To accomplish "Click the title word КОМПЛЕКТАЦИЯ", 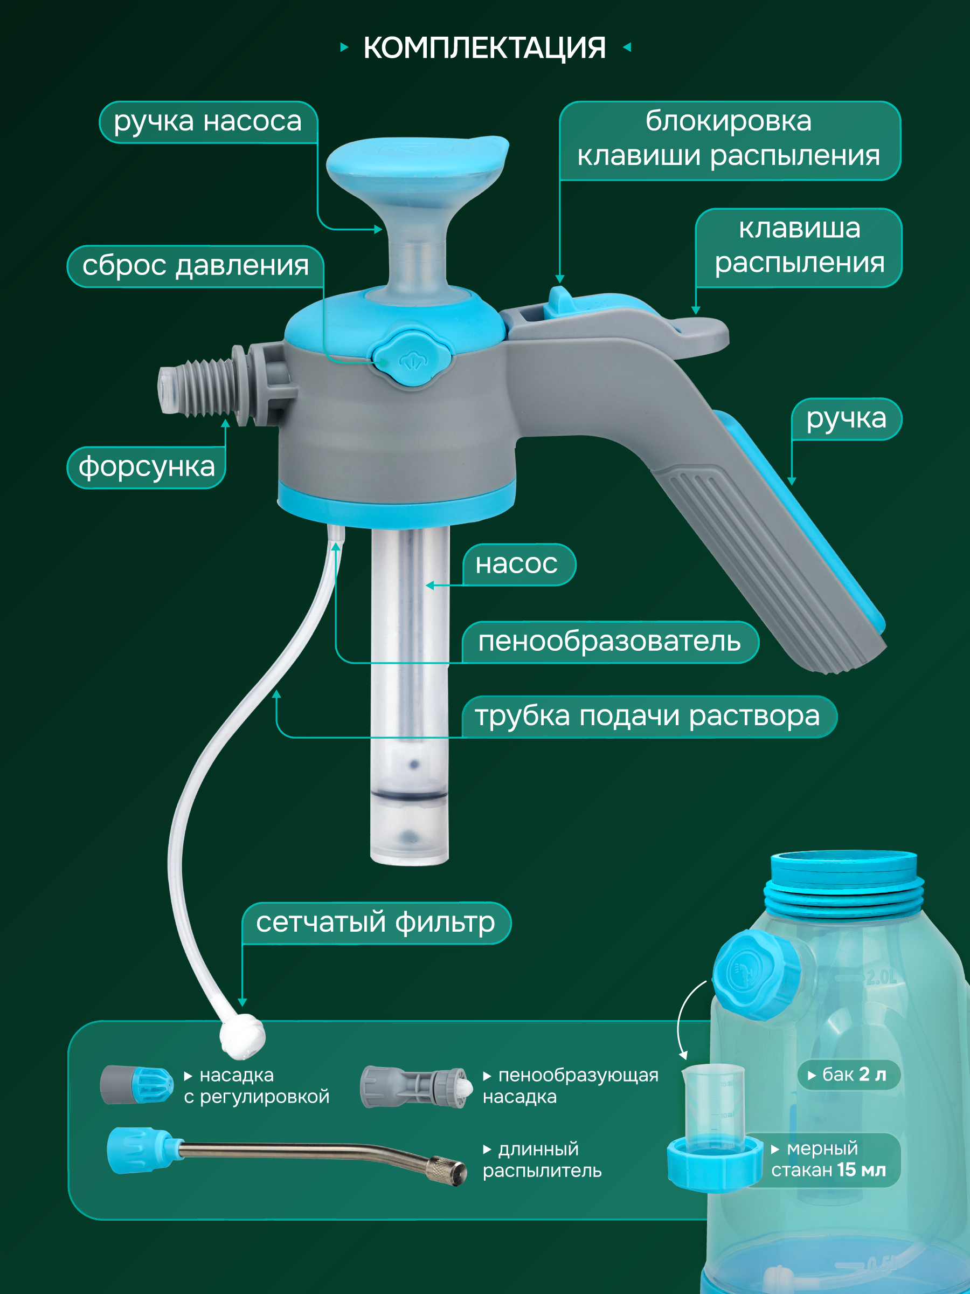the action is tap(484, 48).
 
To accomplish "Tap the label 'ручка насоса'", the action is tap(208, 122).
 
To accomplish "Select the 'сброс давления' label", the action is tap(195, 266).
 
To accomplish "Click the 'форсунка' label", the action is tap(146, 467).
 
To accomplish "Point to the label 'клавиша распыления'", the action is tap(799, 247).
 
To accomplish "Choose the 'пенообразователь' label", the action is tap(610, 642).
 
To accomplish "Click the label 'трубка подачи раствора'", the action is tap(648, 716).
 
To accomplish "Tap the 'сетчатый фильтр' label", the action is tap(376, 923).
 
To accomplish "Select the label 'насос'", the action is tap(517, 564).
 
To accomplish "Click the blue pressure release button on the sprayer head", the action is tap(413, 358).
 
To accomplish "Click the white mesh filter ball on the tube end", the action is tap(242, 1037).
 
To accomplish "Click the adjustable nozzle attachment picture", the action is tap(137, 1085).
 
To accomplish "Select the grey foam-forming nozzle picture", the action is tap(415, 1087).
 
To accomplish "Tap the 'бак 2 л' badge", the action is tap(848, 1075).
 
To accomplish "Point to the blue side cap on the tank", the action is tap(756, 976).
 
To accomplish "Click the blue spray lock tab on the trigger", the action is tap(560, 302).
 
